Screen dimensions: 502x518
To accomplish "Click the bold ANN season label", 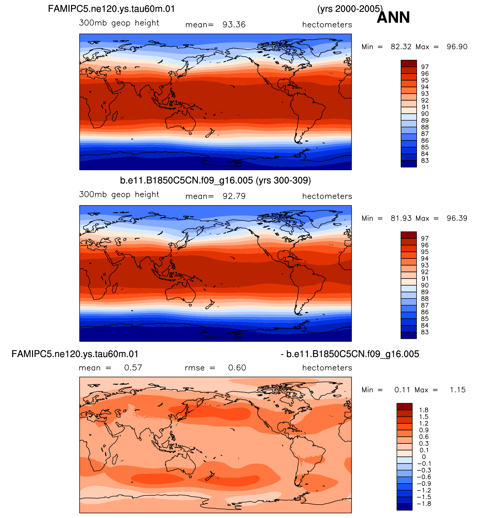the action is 393,17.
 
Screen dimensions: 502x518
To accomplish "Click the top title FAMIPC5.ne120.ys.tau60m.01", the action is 112,9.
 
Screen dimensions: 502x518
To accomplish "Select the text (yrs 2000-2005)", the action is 350,9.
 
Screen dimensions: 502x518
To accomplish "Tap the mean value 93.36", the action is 234,25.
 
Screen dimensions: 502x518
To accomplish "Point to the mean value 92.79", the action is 234,196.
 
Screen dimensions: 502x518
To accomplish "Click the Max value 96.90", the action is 457,47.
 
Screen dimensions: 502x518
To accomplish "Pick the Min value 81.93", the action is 401,218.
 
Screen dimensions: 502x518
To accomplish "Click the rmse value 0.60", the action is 237,368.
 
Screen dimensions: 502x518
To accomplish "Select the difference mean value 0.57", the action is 133,368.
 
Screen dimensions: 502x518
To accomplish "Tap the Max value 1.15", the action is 458,390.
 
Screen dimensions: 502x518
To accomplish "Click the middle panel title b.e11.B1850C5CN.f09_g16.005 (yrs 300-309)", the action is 215,180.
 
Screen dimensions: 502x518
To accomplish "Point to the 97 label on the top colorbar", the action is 425,67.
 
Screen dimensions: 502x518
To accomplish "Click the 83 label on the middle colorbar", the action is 425,332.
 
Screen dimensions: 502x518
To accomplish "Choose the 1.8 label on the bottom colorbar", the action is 424,410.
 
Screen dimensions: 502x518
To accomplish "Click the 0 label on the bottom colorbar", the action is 424,457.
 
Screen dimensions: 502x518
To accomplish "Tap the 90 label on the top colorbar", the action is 425,114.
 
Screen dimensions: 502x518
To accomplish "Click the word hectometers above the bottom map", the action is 327,368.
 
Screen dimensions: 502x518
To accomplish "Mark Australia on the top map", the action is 180,121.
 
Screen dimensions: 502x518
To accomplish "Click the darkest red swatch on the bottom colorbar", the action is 404,407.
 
